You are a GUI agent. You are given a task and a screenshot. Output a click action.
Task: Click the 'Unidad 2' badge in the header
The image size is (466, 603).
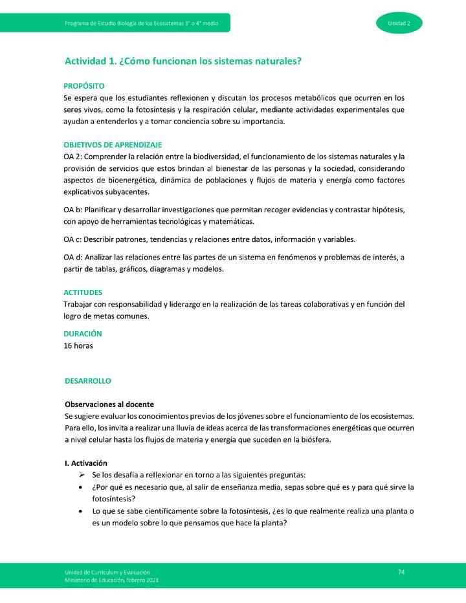399,23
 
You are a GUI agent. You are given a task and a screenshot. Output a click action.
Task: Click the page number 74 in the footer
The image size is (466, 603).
401,572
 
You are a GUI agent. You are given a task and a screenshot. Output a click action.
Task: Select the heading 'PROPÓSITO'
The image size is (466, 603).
84,86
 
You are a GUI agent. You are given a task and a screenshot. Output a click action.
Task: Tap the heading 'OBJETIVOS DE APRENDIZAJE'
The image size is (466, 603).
113,145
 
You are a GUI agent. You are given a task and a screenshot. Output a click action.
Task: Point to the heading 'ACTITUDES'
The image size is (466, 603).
83,292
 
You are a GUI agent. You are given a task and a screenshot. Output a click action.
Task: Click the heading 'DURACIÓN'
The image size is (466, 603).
83,334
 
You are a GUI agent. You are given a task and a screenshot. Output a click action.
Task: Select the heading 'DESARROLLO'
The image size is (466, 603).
88,381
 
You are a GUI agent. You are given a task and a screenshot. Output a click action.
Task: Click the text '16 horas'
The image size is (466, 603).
78,346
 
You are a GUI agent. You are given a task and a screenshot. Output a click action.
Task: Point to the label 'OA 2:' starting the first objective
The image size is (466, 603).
74,157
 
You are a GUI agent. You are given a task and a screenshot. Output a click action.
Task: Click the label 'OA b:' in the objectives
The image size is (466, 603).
74,210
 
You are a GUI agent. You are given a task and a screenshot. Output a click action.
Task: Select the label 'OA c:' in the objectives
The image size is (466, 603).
74,239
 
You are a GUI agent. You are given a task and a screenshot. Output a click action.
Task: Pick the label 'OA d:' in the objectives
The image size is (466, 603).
74,258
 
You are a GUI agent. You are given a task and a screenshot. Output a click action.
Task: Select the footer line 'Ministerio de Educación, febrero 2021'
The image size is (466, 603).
111,580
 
